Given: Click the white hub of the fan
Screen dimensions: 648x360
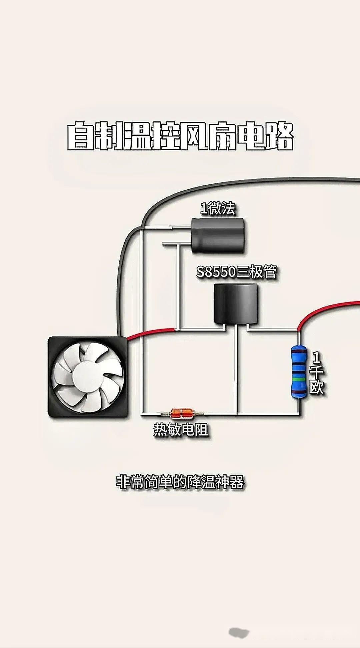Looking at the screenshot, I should pos(88,376).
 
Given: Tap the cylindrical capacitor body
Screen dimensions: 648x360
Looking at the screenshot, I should pos(219,235).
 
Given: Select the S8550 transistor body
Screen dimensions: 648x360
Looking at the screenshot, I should pos(236,303).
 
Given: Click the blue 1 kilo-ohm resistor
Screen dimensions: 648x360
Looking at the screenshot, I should pos(299,372).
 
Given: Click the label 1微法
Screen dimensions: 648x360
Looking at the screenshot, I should pos(217,208).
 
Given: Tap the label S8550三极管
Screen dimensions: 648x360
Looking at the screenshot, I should pos(236,272).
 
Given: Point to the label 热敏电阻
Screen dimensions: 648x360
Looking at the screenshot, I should pos(181,429).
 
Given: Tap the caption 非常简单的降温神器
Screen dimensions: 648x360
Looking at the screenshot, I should pos(180,482).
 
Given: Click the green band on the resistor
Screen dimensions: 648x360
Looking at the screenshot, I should pos(299,379).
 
